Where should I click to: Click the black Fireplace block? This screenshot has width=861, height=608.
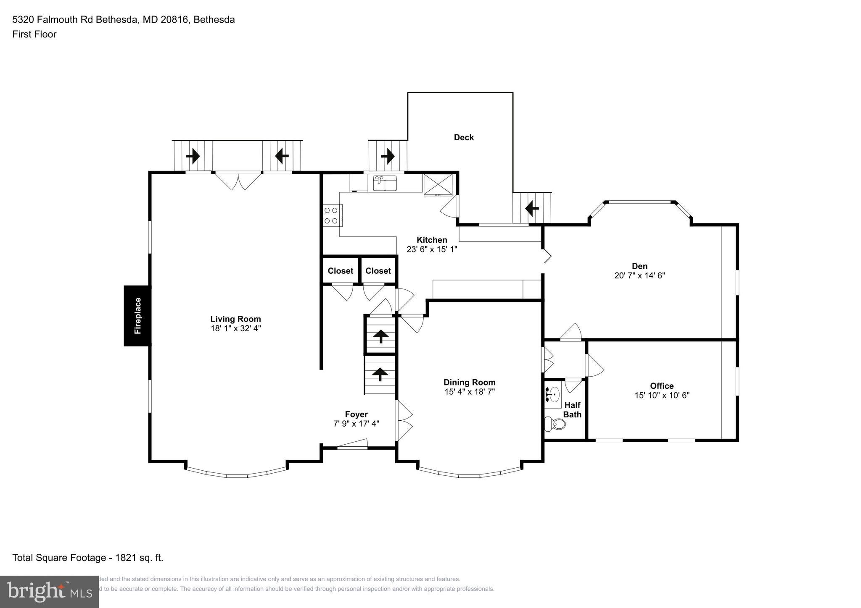[x=137, y=316]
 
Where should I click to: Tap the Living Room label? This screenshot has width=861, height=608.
[x=235, y=319]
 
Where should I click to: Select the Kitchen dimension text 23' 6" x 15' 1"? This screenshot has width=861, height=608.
[x=431, y=249]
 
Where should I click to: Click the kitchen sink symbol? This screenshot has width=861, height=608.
[x=385, y=183]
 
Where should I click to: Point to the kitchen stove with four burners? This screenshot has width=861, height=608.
[x=331, y=215]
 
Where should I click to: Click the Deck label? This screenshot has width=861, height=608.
[x=464, y=137]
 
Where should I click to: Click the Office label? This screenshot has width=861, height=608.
[x=662, y=386]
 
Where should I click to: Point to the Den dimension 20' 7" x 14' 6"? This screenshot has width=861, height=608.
[x=639, y=276]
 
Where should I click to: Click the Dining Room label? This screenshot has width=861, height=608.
[x=470, y=383]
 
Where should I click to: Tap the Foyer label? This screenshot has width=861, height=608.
[x=356, y=414]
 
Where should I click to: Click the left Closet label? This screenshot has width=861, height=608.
[x=340, y=271]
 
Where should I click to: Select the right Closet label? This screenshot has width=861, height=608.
[x=378, y=271]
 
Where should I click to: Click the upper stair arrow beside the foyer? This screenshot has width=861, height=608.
[x=380, y=336]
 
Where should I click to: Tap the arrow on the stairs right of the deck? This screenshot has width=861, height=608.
[x=532, y=208]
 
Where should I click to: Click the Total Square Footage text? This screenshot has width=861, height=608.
[x=87, y=558]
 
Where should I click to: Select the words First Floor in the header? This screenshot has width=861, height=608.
[x=34, y=34]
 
